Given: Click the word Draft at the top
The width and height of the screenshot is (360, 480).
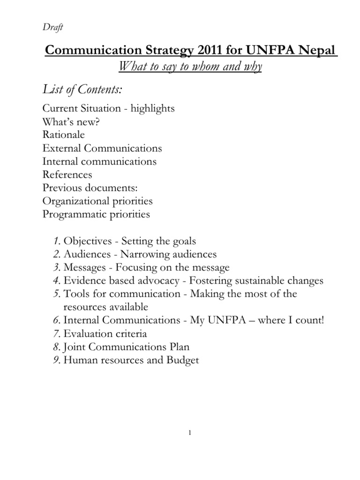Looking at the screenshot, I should (52, 28).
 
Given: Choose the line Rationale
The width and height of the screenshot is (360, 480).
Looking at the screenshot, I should (64, 135).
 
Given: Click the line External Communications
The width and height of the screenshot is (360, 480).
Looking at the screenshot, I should (102, 148).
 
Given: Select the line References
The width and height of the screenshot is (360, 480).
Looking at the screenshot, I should (67, 174).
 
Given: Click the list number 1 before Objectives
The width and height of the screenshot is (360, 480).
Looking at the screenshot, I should (56, 241).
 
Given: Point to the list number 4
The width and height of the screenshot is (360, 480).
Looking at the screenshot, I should (56, 281).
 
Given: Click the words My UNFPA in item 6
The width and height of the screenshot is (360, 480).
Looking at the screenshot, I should (213, 321).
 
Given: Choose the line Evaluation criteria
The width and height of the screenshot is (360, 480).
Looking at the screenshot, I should (105, 334).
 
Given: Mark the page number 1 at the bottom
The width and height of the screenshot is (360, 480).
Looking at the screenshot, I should (189, 433).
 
